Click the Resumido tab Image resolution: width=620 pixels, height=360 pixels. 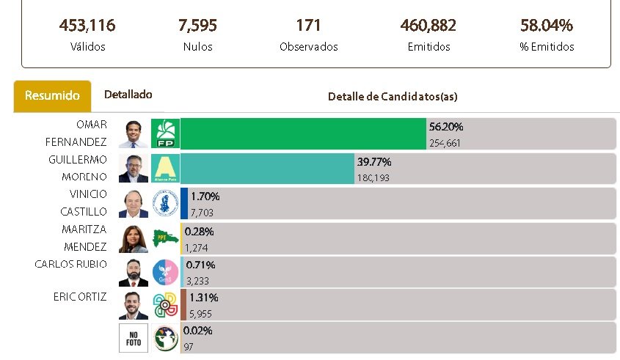click(x=52, y=96)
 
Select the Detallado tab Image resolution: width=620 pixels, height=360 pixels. click(x=128, y=95)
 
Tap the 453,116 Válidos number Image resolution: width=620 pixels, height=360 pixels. click(x=87, y=26)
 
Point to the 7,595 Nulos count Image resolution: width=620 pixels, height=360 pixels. click(x=197, y=26)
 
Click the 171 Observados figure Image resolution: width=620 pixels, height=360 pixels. click(x=308, y=26)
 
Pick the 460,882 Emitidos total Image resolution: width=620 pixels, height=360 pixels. click(x=428, y=26)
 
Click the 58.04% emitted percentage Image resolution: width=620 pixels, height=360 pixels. click(x=546, y=26)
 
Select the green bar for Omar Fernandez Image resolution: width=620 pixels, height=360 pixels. click(x=303, y=134)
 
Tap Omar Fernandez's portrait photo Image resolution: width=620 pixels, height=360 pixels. click(x=133, y=134)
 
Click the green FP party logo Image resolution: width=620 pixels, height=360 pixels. click(x=165, y=134)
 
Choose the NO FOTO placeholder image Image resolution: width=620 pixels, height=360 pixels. click(x=133, y=338)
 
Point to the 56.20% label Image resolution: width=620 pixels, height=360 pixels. click(x=445, y=127)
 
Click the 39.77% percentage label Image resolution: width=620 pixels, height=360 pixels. click(x=374, y=162)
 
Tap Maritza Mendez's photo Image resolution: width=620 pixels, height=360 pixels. click(x=133, y=238)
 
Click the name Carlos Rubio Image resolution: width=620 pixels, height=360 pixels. click(x=70, y=264)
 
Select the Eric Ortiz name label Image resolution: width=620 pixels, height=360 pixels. click(x=80, y=297)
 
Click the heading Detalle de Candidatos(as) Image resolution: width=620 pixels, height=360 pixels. click(x=393, y=97)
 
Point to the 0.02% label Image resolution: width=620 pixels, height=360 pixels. click(x=197, y=331)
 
